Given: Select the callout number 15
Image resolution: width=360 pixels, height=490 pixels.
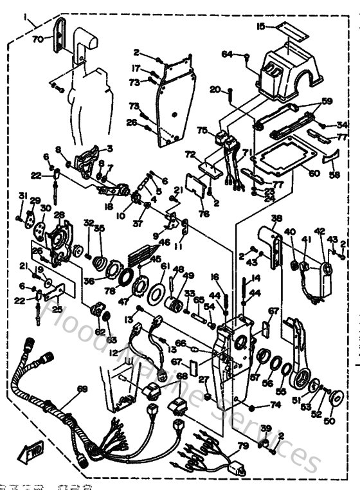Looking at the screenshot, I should coord(260,26).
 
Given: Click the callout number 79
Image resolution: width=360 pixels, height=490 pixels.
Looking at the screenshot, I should coord(244,446).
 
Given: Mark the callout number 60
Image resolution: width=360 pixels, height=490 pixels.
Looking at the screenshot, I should coord(313,173).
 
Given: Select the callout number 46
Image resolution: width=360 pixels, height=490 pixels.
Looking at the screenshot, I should coord(165,242).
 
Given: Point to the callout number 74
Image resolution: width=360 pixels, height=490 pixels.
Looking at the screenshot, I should coord(275,406).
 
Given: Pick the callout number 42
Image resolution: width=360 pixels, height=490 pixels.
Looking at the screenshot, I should coord(319,231).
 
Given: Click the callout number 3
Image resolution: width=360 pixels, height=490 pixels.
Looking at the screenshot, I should coord(109,148).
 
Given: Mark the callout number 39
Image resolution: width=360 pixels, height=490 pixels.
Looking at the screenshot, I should coord(266,428).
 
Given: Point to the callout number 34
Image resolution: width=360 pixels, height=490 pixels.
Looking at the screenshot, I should coord(342,125).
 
